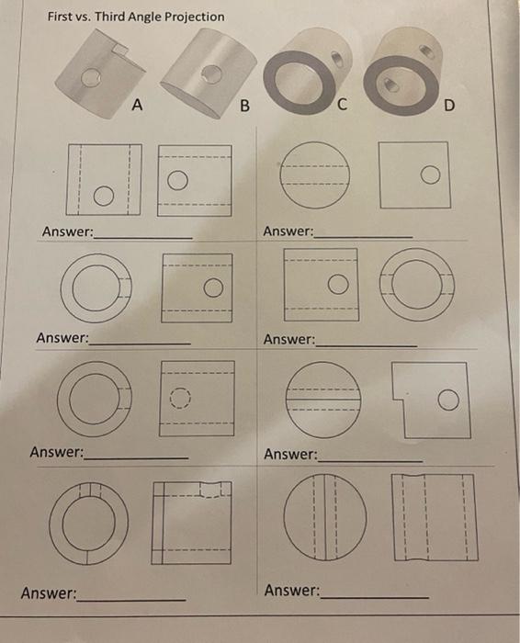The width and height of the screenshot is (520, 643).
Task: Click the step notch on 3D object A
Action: [115, 44]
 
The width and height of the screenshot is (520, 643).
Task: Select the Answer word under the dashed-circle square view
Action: [57, 452]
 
